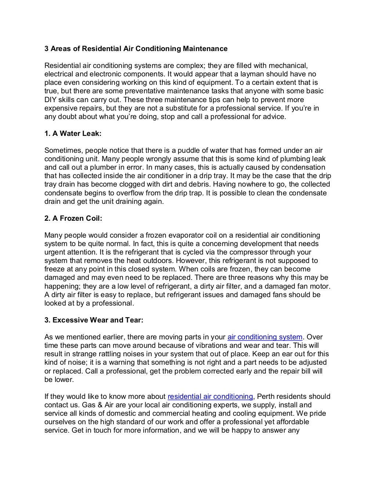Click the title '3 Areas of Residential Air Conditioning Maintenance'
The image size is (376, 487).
tap(136, 49)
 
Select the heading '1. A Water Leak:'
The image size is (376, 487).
tap(73, 134)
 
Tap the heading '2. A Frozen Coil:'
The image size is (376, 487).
tap(73, 219)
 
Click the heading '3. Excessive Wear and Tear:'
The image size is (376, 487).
tap(94, 320)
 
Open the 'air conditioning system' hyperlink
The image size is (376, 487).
tap(265, 337)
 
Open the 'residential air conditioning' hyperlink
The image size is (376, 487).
tap(210, 397)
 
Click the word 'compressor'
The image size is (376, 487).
tap(251, 252)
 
